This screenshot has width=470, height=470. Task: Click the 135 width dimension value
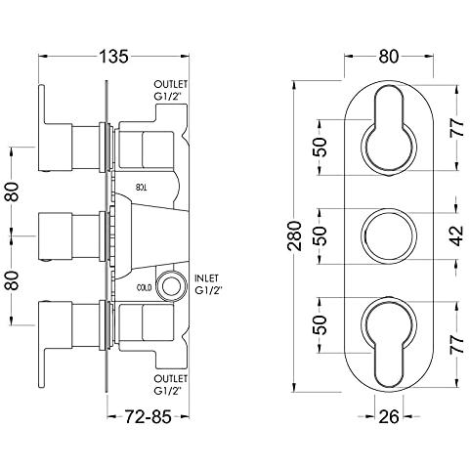(x=113, y=57)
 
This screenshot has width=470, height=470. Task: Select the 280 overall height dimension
(x=295, y=235)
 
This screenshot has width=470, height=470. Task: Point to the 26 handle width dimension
(x=389, y=416)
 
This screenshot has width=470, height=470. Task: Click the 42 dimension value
(x=457, y=235)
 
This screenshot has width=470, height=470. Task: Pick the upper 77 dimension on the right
(x=457, y=128)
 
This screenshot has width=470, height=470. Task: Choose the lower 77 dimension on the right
(x=457, y=344)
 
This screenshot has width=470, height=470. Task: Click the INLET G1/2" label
(x=208, y=284)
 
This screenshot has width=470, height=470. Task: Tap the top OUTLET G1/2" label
(x=171, y=90)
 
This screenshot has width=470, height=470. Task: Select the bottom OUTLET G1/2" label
(x=171, y=385)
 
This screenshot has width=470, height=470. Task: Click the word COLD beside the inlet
(x=145, y=288)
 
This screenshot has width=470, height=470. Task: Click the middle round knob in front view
(x=389, y=235)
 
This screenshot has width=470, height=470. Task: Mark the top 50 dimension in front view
(x=320, y=148)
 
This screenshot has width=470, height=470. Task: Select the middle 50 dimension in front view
(x=320, y=235)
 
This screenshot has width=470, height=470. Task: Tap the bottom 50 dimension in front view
(x=320, y=324)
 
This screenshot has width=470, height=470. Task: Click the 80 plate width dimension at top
(x=389, y=57)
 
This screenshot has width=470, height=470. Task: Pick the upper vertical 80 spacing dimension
(x=12, y=192)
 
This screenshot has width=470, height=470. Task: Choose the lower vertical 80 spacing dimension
(x=12, y=280)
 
